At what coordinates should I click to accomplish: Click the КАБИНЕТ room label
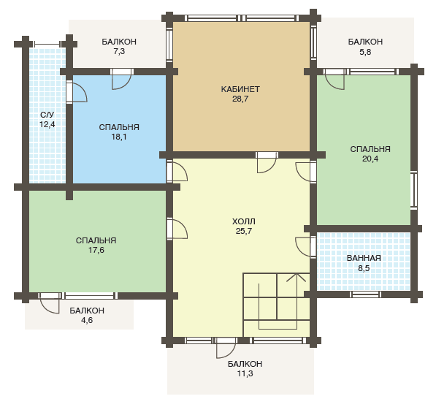240,89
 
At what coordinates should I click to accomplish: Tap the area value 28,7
240,99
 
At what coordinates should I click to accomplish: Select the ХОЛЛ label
244,221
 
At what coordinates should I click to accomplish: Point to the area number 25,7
244,231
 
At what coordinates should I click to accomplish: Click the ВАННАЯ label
364,258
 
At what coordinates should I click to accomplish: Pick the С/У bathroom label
47,115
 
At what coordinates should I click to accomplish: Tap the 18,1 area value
119,137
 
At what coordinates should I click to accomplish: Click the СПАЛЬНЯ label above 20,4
370,149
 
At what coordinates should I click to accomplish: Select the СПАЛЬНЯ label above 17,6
96,240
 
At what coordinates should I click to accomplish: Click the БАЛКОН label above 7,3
119,42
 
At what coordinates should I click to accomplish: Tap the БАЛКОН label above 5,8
365,42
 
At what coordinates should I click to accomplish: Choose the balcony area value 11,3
245,373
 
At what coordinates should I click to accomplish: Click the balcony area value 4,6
87,320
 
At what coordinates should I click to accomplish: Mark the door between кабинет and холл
267,162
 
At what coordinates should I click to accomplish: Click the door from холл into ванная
305,247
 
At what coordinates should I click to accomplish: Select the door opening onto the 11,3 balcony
226,348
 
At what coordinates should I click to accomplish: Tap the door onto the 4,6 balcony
50,303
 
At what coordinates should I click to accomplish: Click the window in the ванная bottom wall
365,294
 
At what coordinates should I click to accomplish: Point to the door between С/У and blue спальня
77,92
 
